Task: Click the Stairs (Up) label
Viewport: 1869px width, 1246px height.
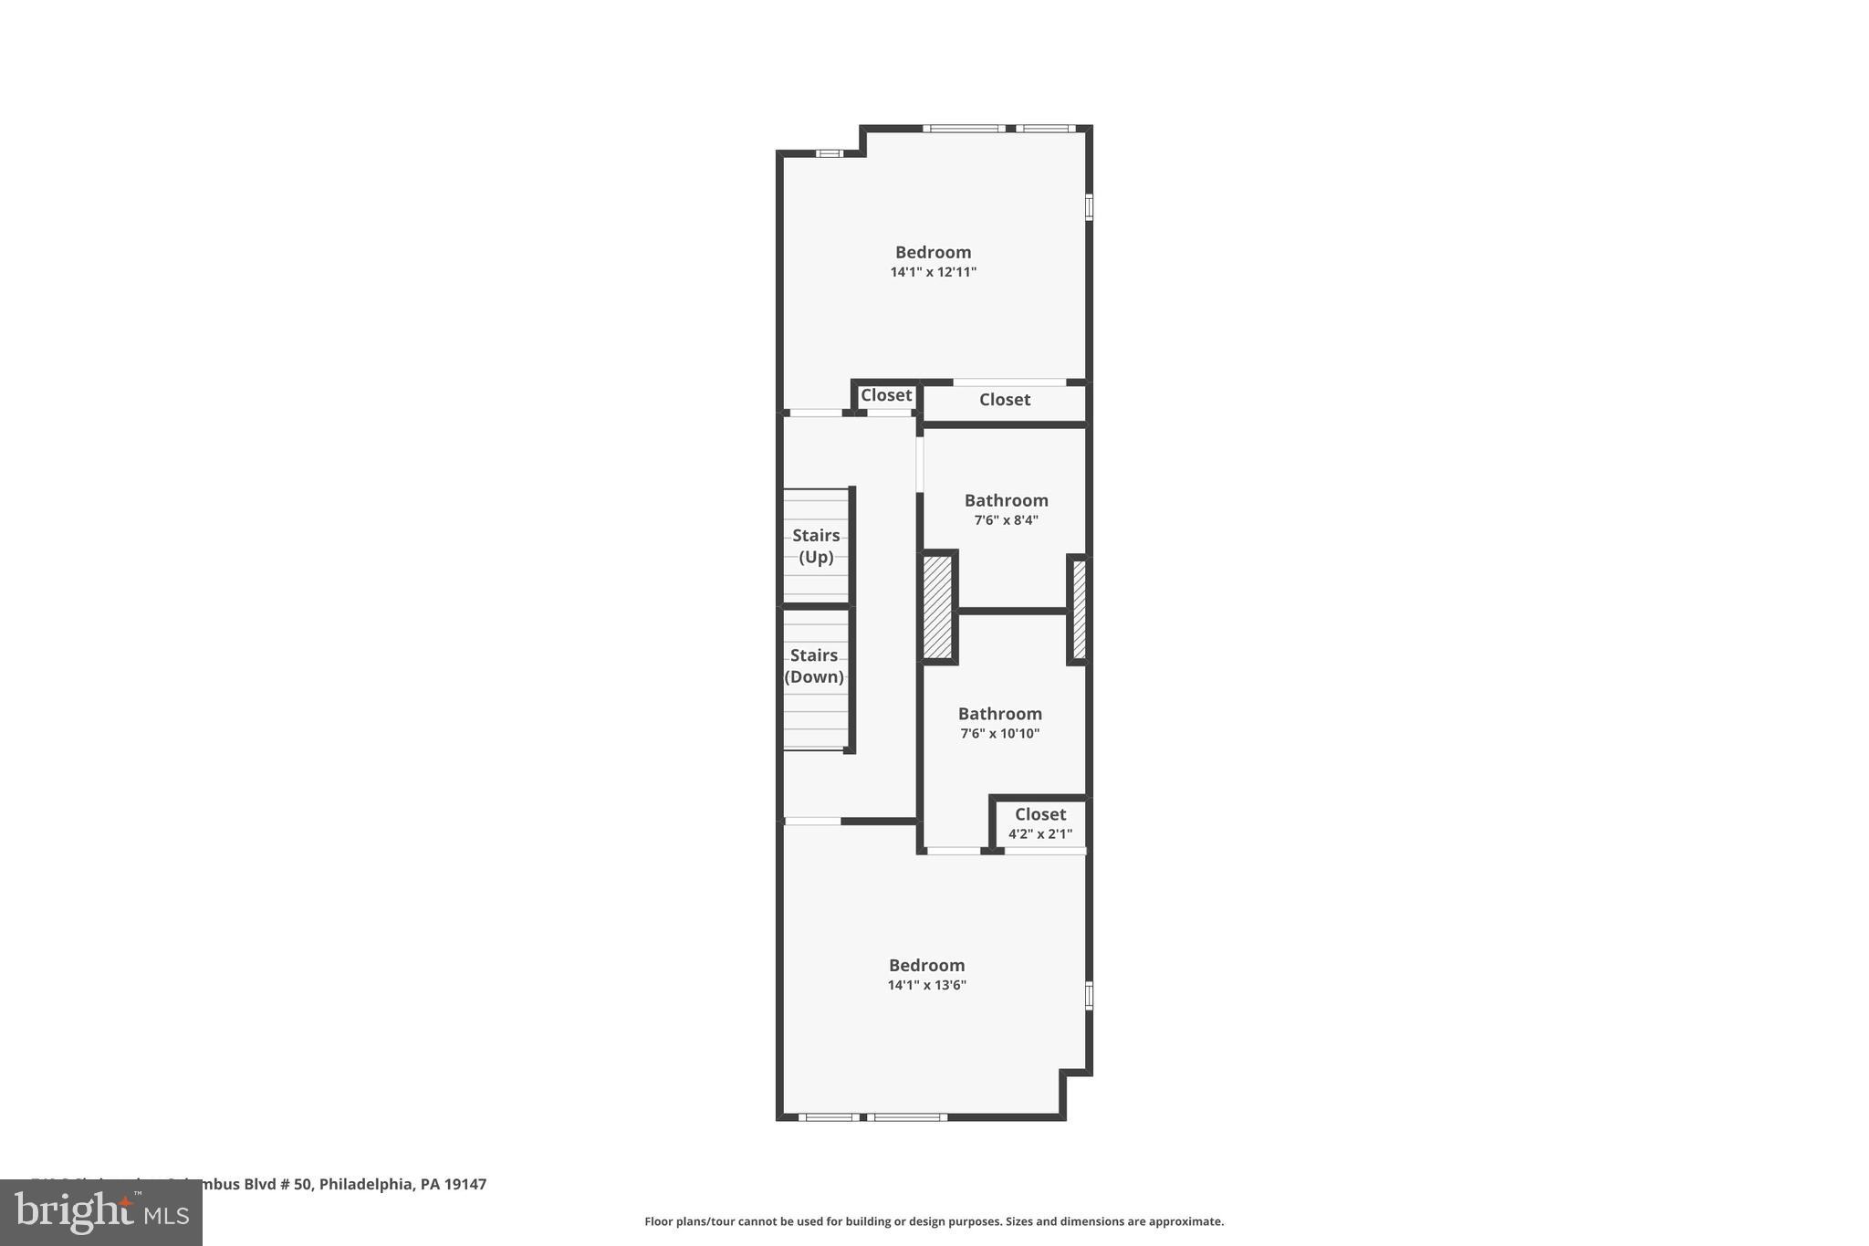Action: [x=816, y=546]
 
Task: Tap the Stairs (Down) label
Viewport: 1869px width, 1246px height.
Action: [x=814, y=665]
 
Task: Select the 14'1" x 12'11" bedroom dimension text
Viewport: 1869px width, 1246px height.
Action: [x=933, y=272]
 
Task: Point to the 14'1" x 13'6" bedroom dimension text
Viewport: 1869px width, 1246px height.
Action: [x=926, y=985]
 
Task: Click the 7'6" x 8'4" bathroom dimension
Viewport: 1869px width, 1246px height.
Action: [x=1006, y=520]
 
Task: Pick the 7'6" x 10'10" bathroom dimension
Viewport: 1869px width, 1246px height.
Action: [x=999, y=733]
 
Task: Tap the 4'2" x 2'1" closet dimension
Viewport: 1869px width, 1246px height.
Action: [x=1039, y=833]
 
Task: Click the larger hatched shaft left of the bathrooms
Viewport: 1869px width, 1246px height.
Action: [x=937, y=607]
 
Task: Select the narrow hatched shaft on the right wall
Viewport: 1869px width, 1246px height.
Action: [x=1079, y=609]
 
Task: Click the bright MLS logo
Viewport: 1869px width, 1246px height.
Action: [x=101, y=1213]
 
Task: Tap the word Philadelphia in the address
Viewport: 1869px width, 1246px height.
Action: [x=364, y=1184]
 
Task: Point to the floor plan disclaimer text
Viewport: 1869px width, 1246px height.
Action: [x=934, y=1221]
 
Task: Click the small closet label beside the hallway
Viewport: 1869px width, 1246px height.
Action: [x=886, y=395]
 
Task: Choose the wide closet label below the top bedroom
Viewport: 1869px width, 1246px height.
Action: [x=1005, y=400]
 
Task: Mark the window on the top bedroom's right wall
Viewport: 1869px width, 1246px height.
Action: [x=1089, y=206]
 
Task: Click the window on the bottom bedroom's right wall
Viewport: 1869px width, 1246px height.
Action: [x=1089, y=995]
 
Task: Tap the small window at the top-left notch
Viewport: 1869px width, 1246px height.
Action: [x=829, y=153]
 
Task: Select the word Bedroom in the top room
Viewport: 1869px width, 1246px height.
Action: [x=933, y=252]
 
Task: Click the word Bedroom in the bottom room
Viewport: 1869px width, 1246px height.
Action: [x=926, y=965]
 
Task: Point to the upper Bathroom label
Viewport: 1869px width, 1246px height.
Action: [x=1006, y=500]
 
